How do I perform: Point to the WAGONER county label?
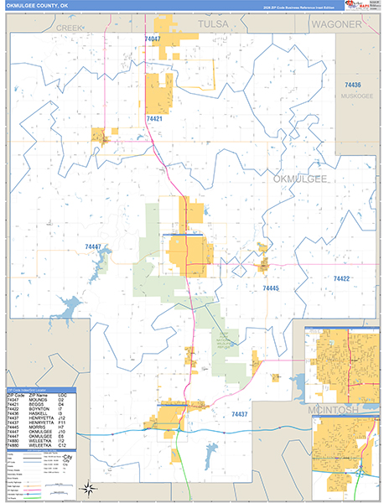coord(335,25)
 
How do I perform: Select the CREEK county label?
coord(72,28)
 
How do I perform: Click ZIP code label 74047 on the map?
coord(152,39)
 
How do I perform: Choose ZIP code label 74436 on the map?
coord(352,86)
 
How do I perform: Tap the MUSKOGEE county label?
coord(355,96)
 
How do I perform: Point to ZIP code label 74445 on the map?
coord(270,288)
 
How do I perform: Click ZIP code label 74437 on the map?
coord(240,414)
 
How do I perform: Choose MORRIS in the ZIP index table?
coord(35,427)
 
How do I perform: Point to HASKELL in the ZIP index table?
coord(37,414)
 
